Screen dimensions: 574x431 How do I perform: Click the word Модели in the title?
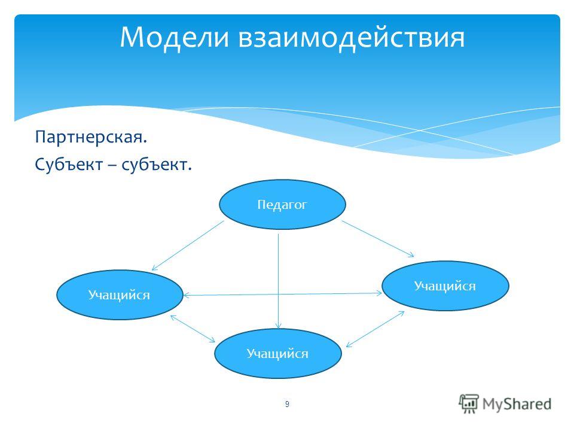[175, 38]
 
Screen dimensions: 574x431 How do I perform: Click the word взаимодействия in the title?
[352, 38]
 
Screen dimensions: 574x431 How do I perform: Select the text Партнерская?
[91, 138]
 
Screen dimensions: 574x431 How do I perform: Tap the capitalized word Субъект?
[69, 165]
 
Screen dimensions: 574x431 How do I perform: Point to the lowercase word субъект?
[157, 165]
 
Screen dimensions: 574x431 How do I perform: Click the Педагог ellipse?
[282, 205]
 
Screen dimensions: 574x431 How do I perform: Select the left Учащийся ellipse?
[120, 295]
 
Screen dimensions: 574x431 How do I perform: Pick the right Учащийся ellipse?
[445, 286]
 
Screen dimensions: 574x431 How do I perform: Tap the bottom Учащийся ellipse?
[278, 353]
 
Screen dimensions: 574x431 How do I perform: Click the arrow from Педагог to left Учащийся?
[188, 245]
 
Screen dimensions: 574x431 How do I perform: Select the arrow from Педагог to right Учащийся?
[378, 239]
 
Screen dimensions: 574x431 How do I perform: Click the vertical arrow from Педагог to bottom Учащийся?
[279, 281]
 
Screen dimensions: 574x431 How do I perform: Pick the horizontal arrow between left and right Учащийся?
[283, 294]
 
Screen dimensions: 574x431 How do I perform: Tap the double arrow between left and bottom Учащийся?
[193, 329]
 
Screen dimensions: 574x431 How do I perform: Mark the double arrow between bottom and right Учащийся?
[375, 329]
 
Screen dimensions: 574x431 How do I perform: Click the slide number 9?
[287, 404]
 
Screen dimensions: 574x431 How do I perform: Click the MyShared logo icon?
[469, 404]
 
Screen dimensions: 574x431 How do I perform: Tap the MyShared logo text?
[517, 404]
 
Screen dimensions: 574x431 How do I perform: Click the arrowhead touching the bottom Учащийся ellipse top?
[279, 326]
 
